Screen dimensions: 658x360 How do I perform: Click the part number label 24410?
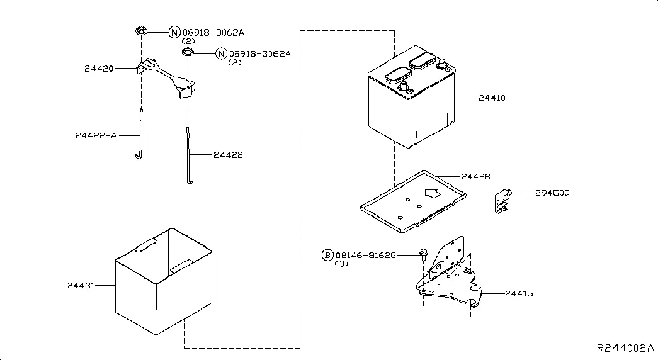click(x=492, y=98)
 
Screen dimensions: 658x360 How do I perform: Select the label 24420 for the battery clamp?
click(x=99, y=69)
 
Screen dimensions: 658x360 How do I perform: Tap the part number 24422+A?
click(x=96, y=135)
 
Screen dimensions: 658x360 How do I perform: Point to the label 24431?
click(x=81, y=285)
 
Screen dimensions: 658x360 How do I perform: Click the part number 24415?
click(x=519, y=294)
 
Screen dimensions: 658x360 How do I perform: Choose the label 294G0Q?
click(x=552, y=193)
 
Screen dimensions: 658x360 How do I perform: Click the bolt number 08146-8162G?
click(x=365, y=255)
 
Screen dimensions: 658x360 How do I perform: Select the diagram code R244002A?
click(x=625, y=348)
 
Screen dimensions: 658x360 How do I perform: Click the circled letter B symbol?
click(x=327, y=255)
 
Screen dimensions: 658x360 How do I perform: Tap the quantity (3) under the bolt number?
click(x=341, y=264)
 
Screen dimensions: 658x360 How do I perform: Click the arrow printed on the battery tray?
click(x=433, y=193)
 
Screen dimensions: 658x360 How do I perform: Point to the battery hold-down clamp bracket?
click(x=166, y=78)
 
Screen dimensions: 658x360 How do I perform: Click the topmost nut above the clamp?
click(x=142, y=31)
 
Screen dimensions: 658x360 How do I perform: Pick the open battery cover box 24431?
click(x=164, y=281)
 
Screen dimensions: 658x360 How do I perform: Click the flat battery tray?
click(x=413, y=201)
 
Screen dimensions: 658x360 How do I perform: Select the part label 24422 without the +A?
click(x=229, y=155)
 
